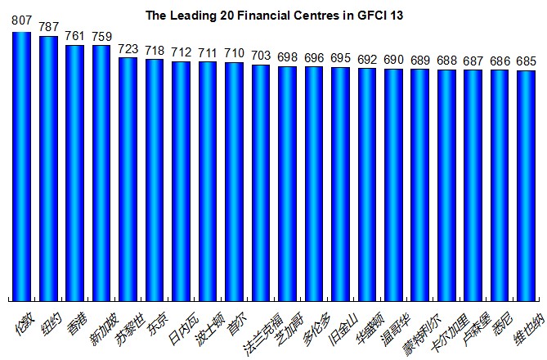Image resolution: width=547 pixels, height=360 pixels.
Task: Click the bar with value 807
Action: (21, 164)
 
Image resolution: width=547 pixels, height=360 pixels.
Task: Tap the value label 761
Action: (74, 36)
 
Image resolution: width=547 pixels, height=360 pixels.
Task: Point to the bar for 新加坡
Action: (101, 172)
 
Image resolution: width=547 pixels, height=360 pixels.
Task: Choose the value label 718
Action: (155, 51)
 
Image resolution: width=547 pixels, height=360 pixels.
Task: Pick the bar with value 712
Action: (181, 180)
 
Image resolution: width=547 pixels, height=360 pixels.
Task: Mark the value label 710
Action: (234, 54)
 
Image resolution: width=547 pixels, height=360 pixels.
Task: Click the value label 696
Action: (314, 58)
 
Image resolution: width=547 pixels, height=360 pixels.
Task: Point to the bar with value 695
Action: (340, 184)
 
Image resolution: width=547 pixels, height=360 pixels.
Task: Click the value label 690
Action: (393, 61)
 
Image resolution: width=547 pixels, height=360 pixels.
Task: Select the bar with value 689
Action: (419, 185)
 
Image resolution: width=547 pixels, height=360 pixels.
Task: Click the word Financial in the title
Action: (256, 16)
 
